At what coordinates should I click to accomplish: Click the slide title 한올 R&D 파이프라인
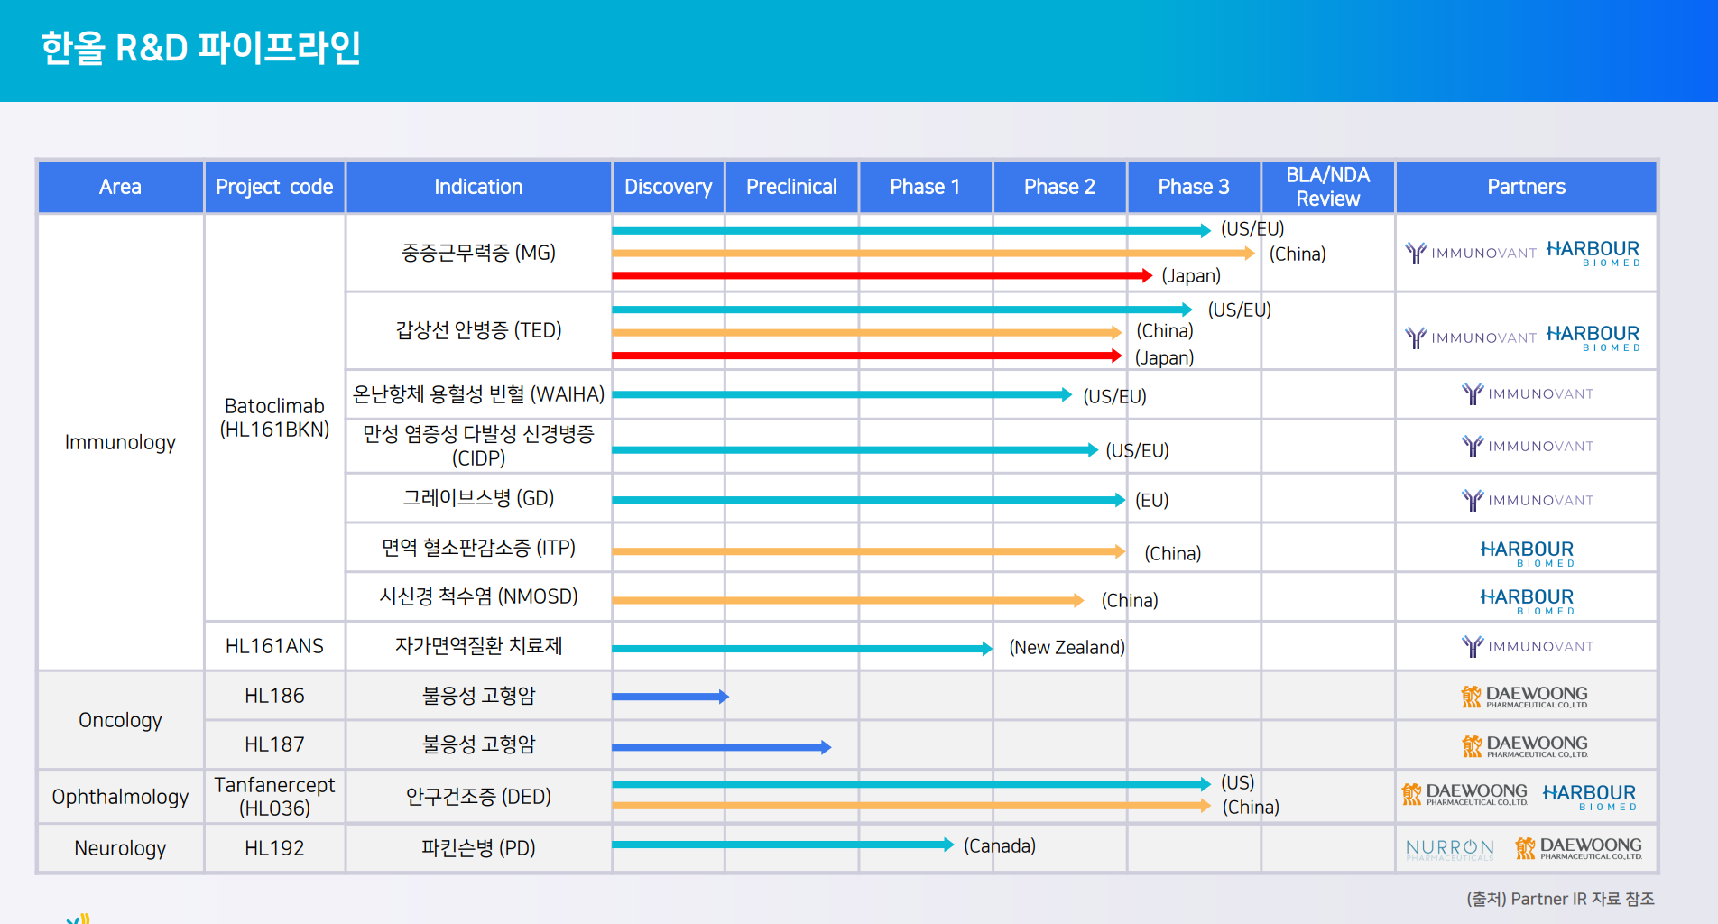point(201,48)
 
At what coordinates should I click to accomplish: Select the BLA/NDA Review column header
point(1327,187)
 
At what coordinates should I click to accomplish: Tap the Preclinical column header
point(791,187)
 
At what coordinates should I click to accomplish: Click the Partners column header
point(1526,187)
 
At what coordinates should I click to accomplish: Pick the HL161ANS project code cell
point(274,646)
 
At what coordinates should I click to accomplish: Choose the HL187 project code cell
point(274,744)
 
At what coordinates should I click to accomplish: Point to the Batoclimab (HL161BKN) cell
point(274,418)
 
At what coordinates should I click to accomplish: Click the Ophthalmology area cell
point(120,797)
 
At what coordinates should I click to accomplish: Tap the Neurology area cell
point(120,848)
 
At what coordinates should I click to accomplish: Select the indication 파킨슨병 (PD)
point(478,848)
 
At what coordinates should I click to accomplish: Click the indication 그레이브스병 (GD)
point(478,498)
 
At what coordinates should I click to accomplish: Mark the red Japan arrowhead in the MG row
point(1147,275)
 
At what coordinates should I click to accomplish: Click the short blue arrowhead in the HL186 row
point(724,697)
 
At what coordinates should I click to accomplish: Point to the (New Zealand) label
point(1067,647)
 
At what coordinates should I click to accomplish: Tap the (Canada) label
point(1000,845)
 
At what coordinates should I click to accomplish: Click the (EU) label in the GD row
point(1151,500)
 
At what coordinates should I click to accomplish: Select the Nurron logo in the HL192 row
point(1450,849)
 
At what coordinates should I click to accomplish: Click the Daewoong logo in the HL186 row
point(1524,697)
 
